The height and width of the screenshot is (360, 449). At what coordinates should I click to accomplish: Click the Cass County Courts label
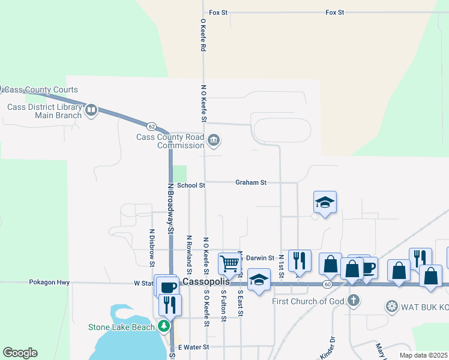41,89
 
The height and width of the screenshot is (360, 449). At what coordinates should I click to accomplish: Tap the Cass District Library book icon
91,110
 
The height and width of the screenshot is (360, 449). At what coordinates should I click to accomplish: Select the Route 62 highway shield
151,127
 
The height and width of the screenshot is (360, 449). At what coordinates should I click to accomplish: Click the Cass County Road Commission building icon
214,141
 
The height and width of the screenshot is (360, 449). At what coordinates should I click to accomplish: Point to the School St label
191,186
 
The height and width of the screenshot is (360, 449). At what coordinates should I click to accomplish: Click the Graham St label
250,182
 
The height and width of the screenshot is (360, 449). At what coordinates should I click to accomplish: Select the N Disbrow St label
151,247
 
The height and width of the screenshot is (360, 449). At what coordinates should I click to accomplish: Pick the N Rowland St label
189,250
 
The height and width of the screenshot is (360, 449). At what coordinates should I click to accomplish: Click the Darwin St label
260,257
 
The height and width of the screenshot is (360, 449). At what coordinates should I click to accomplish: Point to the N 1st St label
280,265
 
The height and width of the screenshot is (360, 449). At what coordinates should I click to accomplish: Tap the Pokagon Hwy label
49,282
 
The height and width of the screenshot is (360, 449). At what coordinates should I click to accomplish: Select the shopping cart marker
229,262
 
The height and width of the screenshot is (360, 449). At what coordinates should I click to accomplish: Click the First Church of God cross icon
354,301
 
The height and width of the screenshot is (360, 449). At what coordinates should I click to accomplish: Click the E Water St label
193,347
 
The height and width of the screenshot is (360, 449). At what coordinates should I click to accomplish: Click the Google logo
20,353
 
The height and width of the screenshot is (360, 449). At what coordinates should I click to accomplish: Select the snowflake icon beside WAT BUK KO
392,307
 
